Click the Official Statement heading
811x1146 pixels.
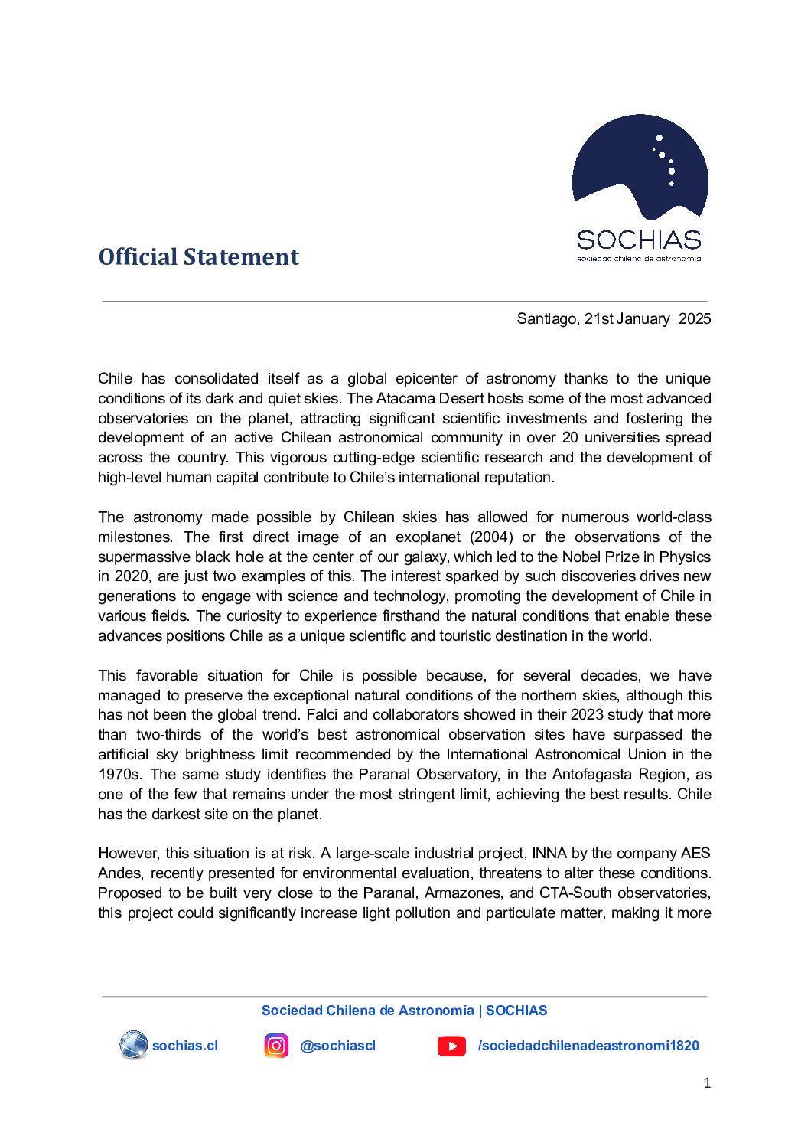pyautogui.click(x=198, y=257)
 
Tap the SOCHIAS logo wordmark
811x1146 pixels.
pyautogui.click(x=639, y=240)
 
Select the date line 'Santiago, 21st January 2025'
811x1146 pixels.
pyautogui.click(x=614, y=319)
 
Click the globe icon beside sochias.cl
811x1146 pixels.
pyautogui.click(x=133, y=1045)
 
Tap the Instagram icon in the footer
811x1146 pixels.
pyautogui.click(x=276, y=1046)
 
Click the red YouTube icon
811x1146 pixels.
pyautogui.click(x=451, y=1046)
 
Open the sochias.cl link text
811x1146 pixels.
pyautogui.click(x=185, y=1046)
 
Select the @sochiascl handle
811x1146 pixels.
pyautogui.click(x=337, y=1046)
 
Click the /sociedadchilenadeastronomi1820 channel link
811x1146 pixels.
pyautogui.click(x=588, y=1046)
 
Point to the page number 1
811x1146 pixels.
pyautogui.click(x=707, y=1083)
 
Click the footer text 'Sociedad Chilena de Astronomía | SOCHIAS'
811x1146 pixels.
pyautogui.click(x=404, y=1011)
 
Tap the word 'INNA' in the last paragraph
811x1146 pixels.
pyautogui.click(x=549, y=854)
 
